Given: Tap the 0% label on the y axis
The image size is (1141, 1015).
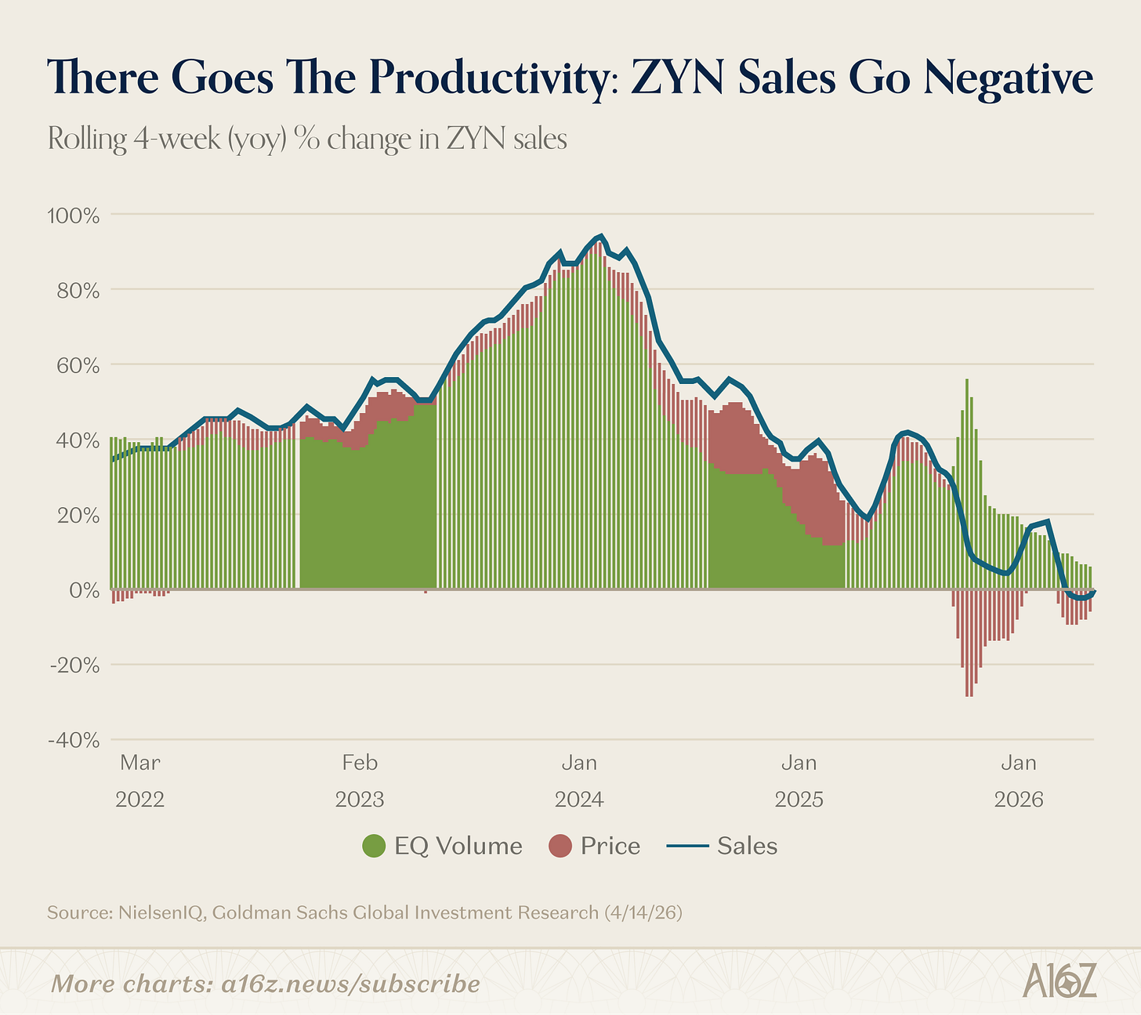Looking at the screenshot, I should [83, 590].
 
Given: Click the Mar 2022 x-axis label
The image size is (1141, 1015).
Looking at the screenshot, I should [140, 781].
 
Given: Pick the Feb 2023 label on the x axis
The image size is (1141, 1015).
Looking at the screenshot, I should [360, 781].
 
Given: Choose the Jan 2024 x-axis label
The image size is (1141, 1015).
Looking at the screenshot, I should [579, 781].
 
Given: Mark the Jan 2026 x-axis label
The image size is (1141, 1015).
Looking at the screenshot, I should [1019, 781].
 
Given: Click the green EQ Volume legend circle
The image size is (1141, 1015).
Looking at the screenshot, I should [375, 846].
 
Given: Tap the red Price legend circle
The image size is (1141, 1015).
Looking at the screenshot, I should [561, 846].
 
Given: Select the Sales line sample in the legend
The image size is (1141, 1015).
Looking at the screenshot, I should [688, 846].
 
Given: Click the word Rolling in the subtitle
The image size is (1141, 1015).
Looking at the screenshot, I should [87, 140].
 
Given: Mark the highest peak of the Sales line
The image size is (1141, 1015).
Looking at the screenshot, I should [600, 236].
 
